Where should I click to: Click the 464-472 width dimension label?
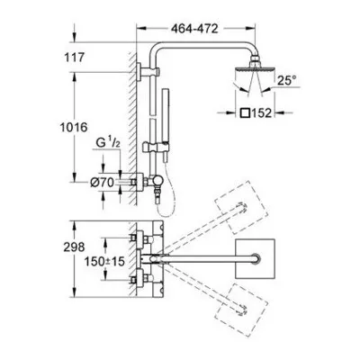pyautogui.click(x=194, y=29)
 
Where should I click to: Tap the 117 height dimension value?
pyautogui.click(x=75, y=58)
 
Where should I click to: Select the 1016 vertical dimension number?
pyautogui.click(x=74, y=128)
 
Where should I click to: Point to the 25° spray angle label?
pyautogui.click(x=286, y=80)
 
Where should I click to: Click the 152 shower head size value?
pyautogui.click(x=261, y=113)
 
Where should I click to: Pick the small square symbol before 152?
pyautogui.click(x=245, y=113)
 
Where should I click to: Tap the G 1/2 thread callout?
pyautogui.click(x=108, y=143)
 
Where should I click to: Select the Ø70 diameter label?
pyautogui.click(x=102, y=182)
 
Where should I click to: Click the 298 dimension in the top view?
pyautogui.click(x=74, y=247)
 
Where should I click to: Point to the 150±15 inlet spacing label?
pyautogui.click(x=104, y=262)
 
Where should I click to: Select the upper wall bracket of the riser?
pyautogui.click(x=148, y=72)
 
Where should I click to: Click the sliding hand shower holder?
pyautogui.click(x=154, y=148)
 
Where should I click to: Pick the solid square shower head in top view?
pyautogui.click(x=255, y=258)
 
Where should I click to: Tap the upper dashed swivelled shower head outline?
pyautogui.click(x=241, y=207)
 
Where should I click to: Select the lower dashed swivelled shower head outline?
pyautogui.click(x=241, y=309)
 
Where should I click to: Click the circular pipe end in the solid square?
pyautogui.click(x=256, y=259)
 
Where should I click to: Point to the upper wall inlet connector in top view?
pyautogui.click(x=141, y=238)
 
